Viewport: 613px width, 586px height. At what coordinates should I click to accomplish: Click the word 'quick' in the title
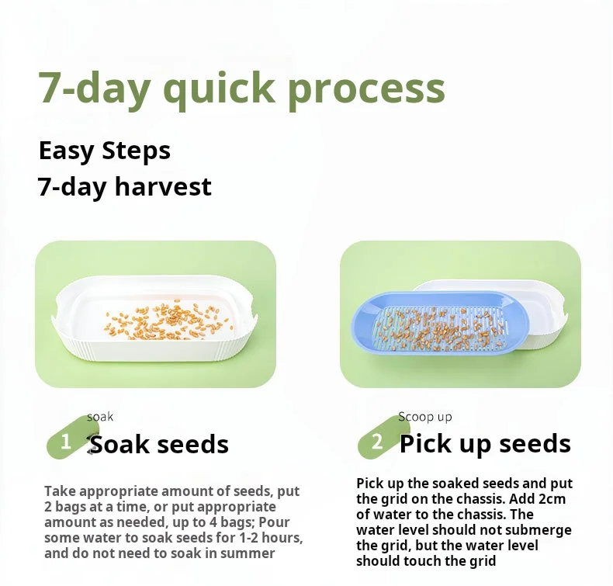pos(219,90)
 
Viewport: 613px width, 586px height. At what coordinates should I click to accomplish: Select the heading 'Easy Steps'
pos(105,151)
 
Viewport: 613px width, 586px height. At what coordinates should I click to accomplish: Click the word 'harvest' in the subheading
pos(163,186)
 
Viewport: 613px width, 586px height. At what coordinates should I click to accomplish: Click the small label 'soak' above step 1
pos(100,417)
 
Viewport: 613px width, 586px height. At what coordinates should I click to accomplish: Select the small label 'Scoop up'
pos(425,417)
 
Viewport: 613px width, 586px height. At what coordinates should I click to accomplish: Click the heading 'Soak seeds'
pos(159,445)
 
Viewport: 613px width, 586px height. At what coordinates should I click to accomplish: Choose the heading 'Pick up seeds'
pos(485,445)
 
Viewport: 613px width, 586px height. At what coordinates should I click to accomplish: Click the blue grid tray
pos(440,324)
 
